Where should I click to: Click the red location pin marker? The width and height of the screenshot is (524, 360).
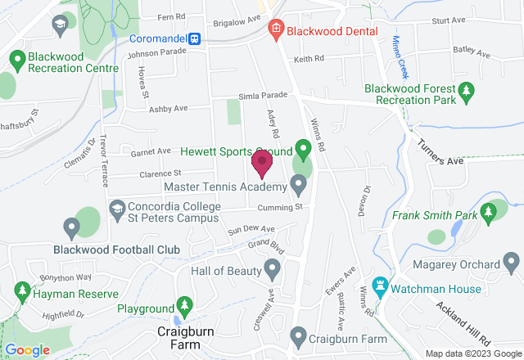point(262,164)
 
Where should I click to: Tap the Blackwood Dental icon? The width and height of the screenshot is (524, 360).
point(275,30)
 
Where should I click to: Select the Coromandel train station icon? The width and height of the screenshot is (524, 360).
point(195,38)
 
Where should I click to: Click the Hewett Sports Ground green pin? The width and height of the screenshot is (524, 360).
point(302,151)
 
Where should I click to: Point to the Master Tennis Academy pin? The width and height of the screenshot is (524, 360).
point(298,182)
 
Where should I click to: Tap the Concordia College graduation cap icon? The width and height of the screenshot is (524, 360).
point(116,209)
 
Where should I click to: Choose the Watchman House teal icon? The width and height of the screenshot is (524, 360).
point(379,286)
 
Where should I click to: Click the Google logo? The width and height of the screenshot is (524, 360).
point(28,350)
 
